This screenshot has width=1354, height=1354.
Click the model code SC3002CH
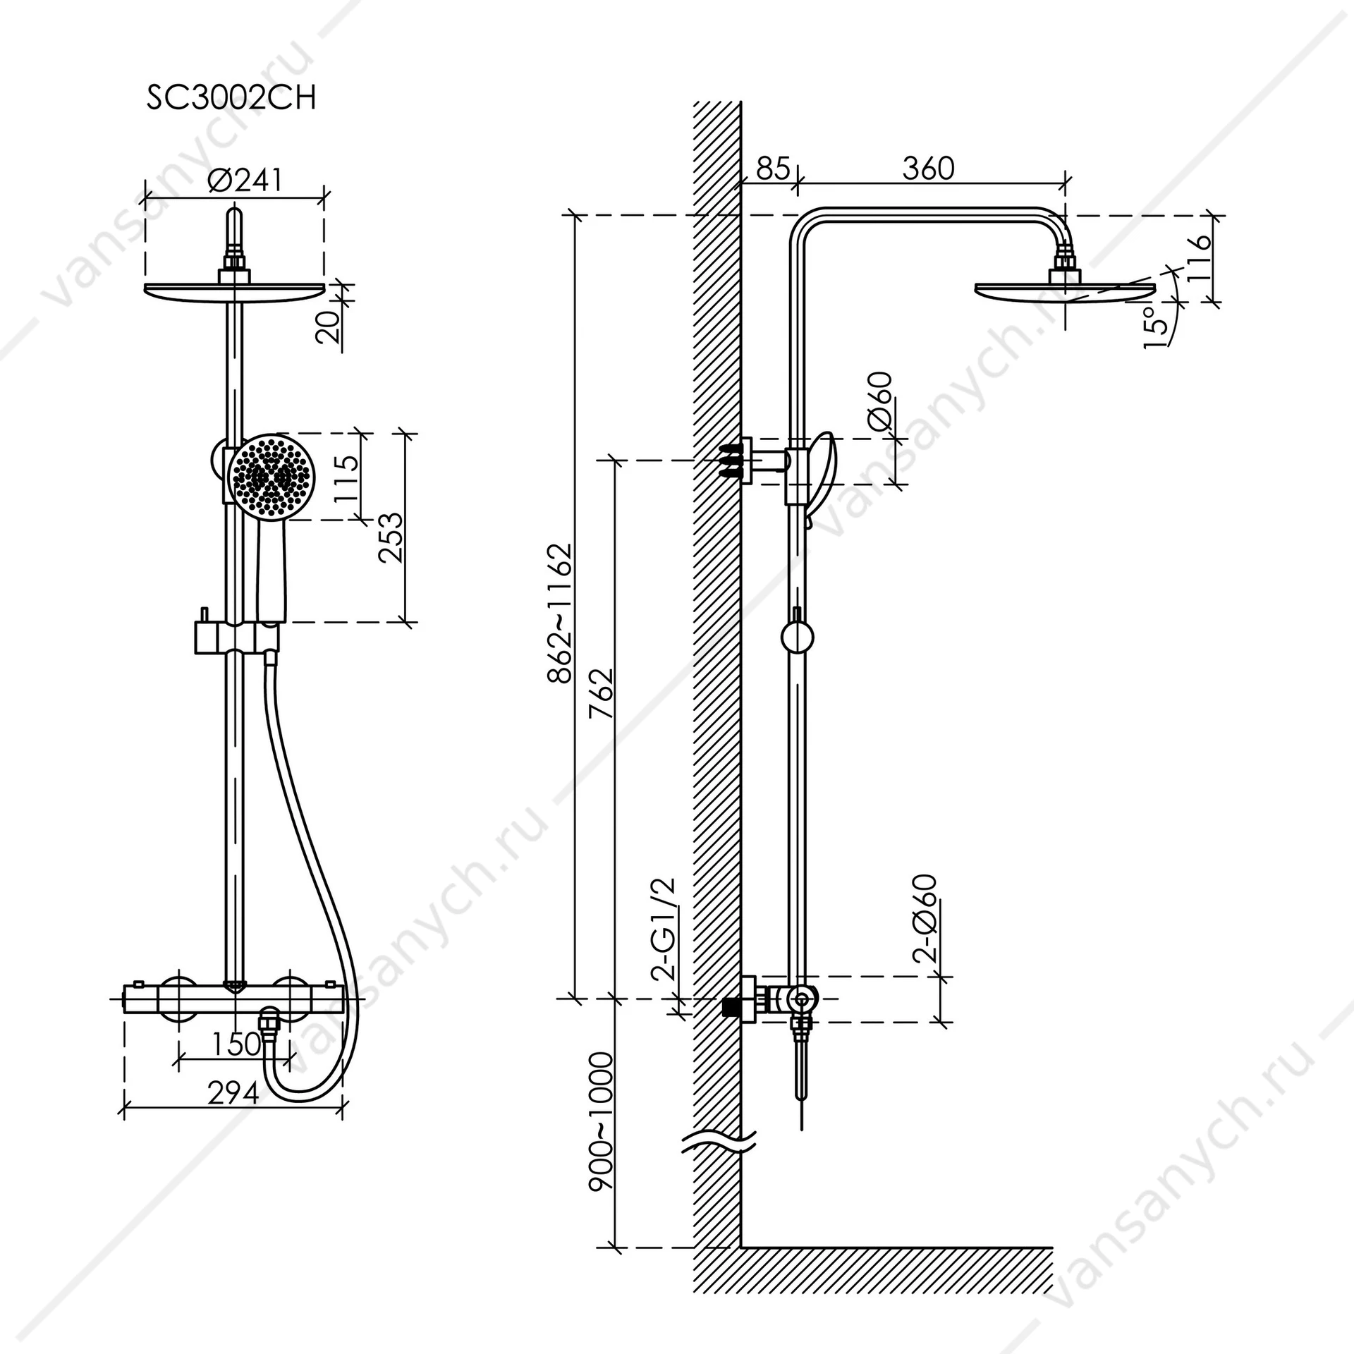pos(231,98)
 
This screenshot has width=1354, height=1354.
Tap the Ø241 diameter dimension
pos(245,180)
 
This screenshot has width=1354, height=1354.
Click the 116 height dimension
pos(1197,258)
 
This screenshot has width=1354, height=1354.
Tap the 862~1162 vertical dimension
pos(561,613)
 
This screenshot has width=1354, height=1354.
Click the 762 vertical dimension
pos(602,693)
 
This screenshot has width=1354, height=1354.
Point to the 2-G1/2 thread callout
pos(664,929)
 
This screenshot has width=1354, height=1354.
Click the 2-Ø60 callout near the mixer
pos(925,918)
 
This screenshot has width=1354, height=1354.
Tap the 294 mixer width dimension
pos(233,1093)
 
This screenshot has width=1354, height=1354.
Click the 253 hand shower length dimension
pos(390,537)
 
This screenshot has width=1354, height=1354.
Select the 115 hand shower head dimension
pos(346,477)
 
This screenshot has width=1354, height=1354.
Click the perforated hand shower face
pos(272,476)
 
